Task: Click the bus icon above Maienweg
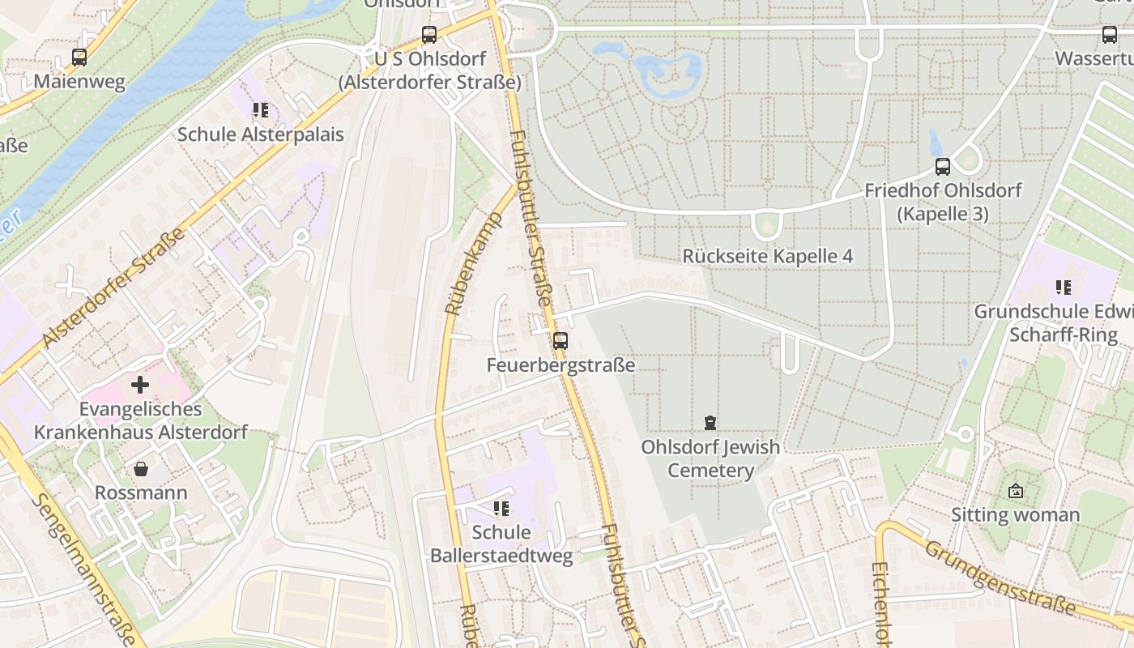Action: point(79,58)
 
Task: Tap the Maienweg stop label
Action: point(79,82)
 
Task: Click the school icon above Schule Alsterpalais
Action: point(260,109)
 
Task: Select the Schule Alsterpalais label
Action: point(261,134)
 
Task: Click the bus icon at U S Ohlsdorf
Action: point(429,35)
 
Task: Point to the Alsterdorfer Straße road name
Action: point(114,288)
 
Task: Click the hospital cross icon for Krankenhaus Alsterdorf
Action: point(140,384)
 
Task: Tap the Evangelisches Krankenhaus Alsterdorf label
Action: point(140,420)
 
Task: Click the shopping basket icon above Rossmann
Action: point(141,469)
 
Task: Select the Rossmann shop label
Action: point(141,492)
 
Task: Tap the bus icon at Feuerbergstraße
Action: point(561,341)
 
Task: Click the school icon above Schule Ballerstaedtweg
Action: point(501,509)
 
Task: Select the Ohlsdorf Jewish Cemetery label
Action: point(710,458)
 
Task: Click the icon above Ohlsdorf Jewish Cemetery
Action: point(710,423)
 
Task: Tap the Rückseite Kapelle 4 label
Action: point(767,256)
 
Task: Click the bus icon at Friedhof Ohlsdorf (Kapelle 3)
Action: point(943,167)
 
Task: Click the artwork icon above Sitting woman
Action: point(1015,491)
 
